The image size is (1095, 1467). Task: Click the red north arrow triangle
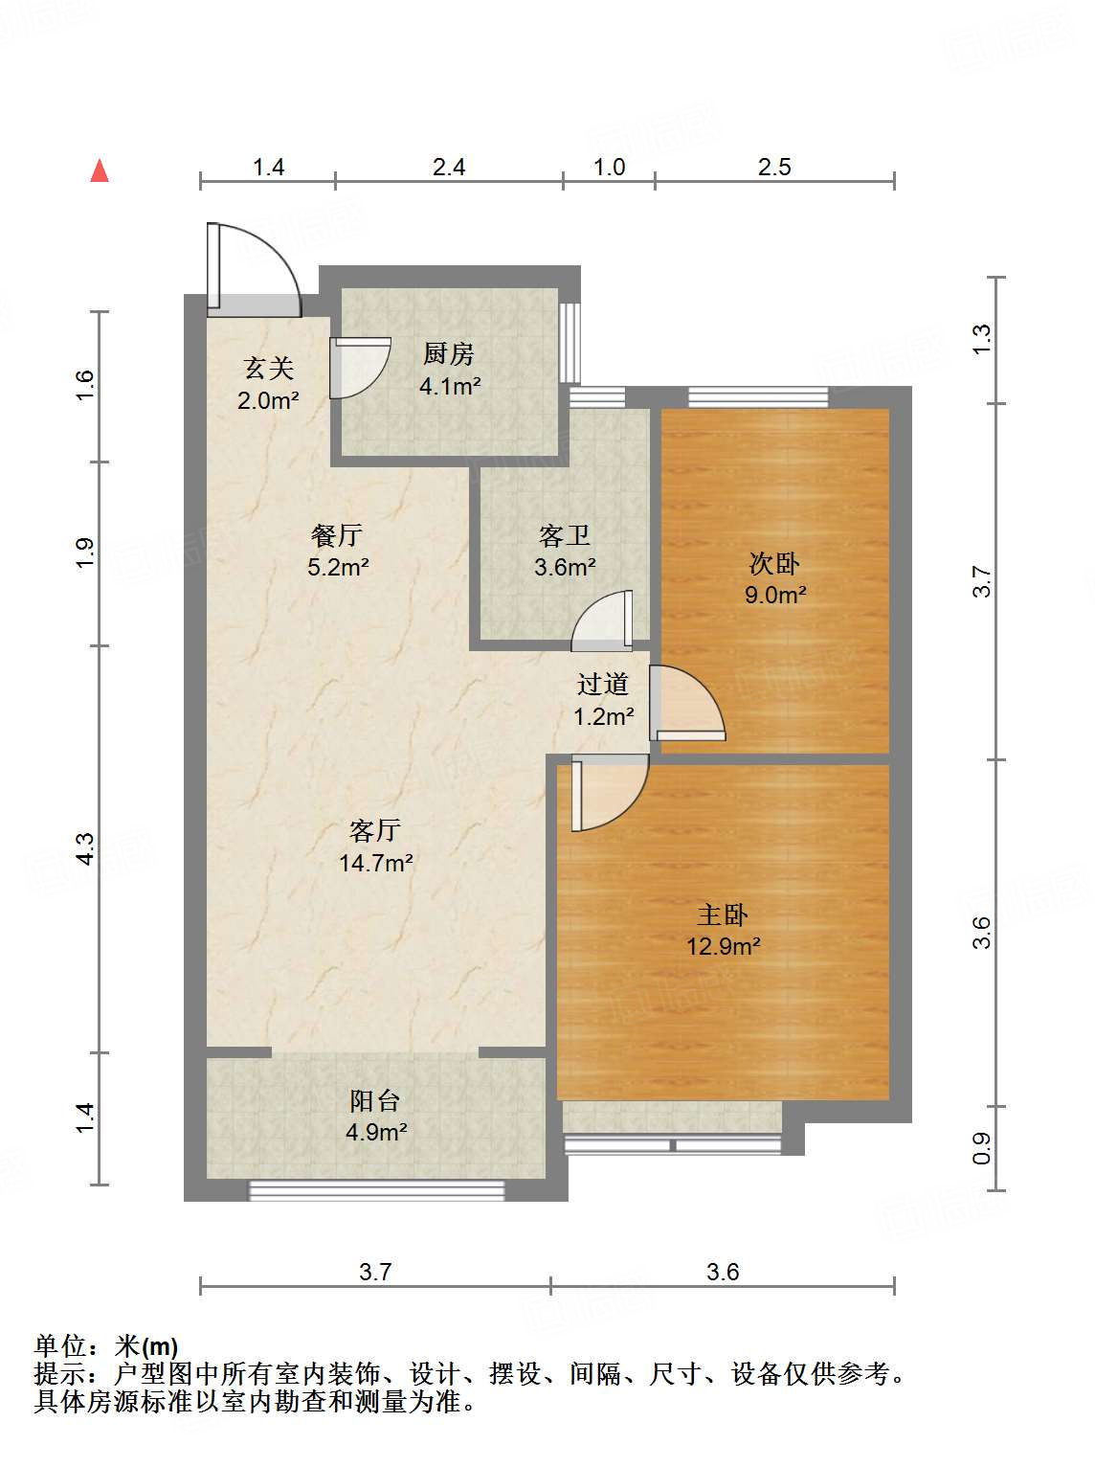[x=100, y=171]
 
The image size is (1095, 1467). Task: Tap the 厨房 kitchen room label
[x=448, y=354]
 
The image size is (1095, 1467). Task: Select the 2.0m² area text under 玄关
[x=268, y=400]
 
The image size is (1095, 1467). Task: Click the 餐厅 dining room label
[x=337, y=535]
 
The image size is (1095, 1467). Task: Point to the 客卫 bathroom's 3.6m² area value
[x=565, y=568]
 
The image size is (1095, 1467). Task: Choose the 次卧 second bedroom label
[x=774, y=564]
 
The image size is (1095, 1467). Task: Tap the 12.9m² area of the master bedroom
[x=724, y=946]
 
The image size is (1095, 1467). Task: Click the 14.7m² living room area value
[x=375, y=863]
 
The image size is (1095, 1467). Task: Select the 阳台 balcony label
[x=375, y=1101]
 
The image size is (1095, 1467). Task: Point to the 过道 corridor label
[x=603, y=685]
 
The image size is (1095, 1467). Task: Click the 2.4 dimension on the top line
[x=448, y=167]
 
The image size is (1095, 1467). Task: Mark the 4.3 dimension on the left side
[x=85, y=848]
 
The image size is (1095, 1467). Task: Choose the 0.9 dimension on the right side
[x=981, y=1148]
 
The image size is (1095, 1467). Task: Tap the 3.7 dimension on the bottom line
[x=375, y=1271]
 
